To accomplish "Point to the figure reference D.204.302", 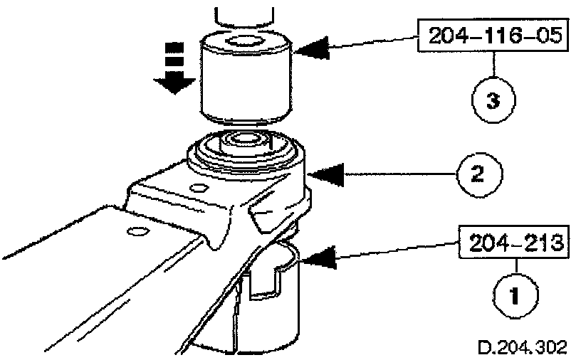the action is tap(522, 346).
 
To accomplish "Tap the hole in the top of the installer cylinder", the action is tap(244, 41).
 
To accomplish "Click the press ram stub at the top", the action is tap(244, 13).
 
